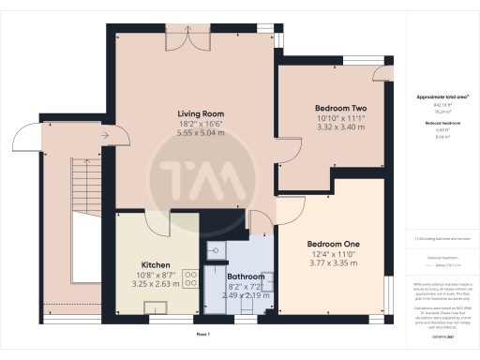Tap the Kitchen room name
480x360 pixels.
(156, 264)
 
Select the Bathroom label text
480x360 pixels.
(246, 277)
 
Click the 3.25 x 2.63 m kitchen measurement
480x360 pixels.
(156, 283)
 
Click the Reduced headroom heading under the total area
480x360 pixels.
(440, 122)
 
